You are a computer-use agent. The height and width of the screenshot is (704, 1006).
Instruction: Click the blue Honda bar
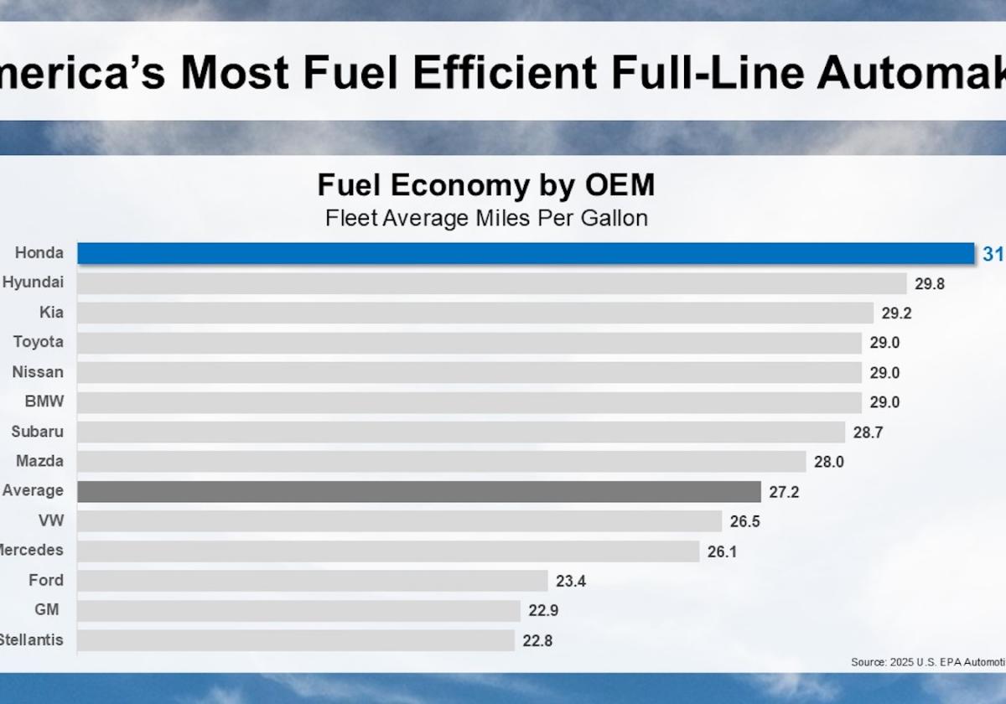point(526,253)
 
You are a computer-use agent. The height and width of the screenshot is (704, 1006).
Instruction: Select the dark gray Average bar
point(419,491)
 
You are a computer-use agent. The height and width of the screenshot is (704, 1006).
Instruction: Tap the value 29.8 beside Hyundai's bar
point(930,283)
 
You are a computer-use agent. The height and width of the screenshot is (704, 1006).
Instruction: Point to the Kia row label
point(51,313)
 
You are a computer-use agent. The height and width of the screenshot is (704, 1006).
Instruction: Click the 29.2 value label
point(896,313)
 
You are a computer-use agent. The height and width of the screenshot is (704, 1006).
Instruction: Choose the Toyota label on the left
point(38,342)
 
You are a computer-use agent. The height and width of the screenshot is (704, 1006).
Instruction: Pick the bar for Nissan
point(469,372)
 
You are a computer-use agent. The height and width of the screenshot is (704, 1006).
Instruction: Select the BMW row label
point(44,401)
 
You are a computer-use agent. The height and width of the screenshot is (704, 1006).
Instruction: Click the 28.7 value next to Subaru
point(868,432)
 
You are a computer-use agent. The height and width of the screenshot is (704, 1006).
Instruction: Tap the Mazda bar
point(442,462)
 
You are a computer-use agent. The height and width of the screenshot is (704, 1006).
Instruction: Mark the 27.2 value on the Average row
point(784,492)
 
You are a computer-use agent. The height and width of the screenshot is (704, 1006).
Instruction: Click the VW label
point(50,520)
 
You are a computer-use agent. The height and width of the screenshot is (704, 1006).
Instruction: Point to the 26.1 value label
point(722,551)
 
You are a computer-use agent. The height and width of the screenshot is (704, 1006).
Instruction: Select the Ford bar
point(313,581)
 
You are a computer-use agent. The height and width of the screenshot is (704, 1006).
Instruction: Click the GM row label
point(47,610)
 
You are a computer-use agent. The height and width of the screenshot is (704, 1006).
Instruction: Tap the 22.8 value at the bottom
point(537,640)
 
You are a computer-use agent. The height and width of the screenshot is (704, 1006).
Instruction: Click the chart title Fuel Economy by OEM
point(486,185)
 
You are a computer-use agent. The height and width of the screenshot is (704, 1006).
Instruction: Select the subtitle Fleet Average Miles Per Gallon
point(486,219)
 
